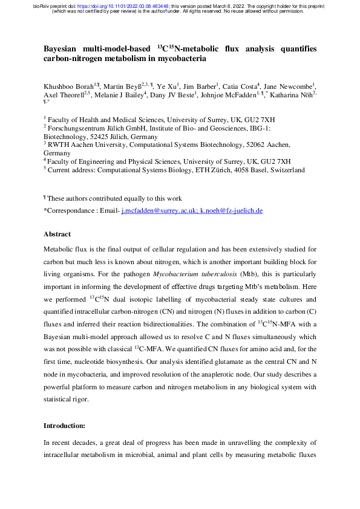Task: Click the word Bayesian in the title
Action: [64, 48]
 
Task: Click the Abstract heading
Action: [57, 234]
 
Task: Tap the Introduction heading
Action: [67, 443]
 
